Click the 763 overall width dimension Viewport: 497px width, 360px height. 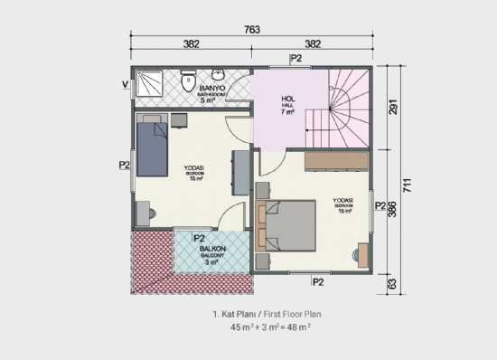[x=252, y=30]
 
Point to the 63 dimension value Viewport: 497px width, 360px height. [x=392, y=282]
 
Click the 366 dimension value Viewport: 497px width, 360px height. [x=392, y=209]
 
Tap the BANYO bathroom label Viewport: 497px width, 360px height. [x=199, y=89]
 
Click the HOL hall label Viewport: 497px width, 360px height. [x=288, y=101]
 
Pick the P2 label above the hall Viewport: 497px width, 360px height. [x=295, y=59]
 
